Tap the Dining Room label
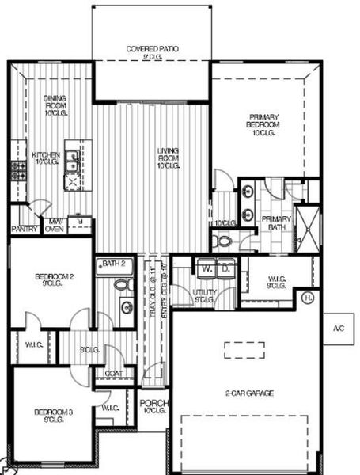click(55, 103)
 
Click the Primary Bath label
click(276, 223)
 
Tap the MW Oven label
click(55, 226)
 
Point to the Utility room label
click(204, 295)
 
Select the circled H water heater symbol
click(308, 298)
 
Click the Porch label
click(153, 407)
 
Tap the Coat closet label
click(113, 373)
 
